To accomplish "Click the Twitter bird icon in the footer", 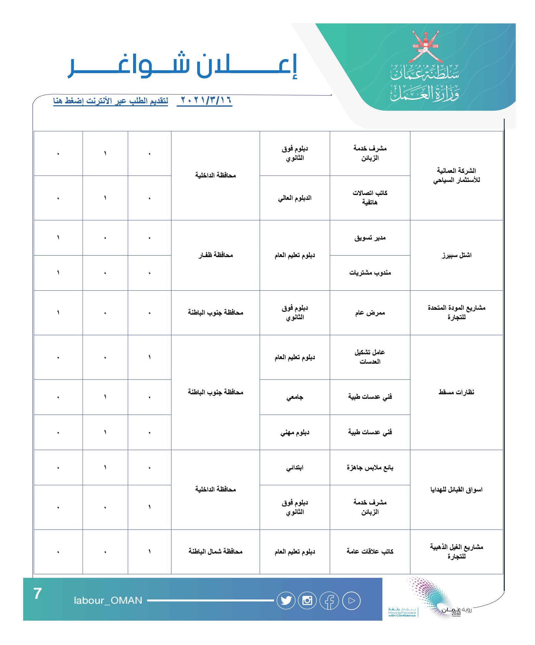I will (286, 600).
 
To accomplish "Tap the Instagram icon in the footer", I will (308, 600).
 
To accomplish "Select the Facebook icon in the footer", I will (329, 601).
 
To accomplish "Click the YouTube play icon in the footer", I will (351, 600).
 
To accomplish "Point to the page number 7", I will (38, 593).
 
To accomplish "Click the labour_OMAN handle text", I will (108, 600).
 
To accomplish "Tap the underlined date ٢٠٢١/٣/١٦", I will (205, 100).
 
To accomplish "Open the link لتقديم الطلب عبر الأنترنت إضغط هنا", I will (111, 101).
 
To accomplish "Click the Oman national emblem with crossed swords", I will (425, 47).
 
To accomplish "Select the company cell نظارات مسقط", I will (456, 392).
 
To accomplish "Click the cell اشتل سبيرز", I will (456, 255).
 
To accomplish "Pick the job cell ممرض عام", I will (370, 313).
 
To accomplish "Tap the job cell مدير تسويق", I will (370, 238).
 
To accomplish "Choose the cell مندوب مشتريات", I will (370, 273).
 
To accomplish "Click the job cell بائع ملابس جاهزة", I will (370, 468).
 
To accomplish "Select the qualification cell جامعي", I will (295, 397).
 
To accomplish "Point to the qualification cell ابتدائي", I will (295, 468).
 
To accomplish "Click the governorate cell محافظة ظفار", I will (215, 255).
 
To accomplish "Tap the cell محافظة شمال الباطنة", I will (215, 551).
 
